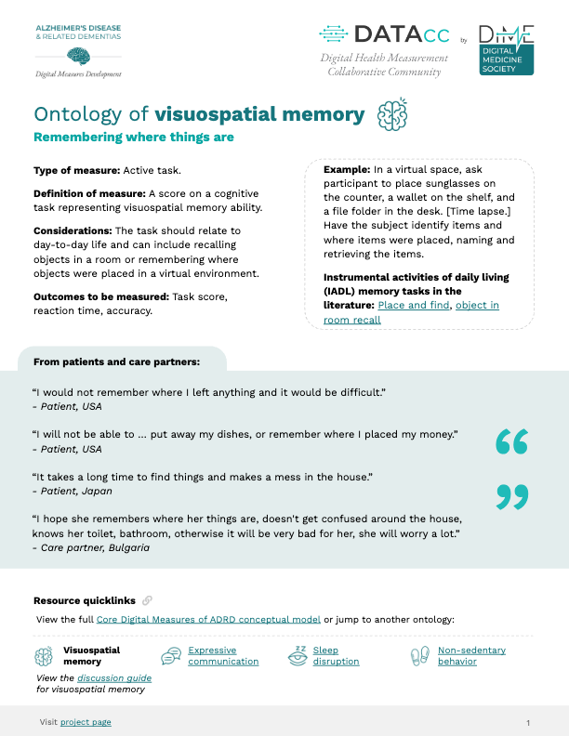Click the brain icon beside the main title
coord(392,115)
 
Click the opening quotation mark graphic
coord(511,442)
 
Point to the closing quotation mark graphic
coord(511,496)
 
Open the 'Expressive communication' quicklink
coord(223,656)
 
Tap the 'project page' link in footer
coord(86,722)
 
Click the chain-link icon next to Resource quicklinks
coord(147,600)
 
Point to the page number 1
coord(527,722)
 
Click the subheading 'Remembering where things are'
coord(133,138)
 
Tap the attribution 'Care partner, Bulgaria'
coord(93,547)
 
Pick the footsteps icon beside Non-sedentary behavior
coord(420,656)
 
